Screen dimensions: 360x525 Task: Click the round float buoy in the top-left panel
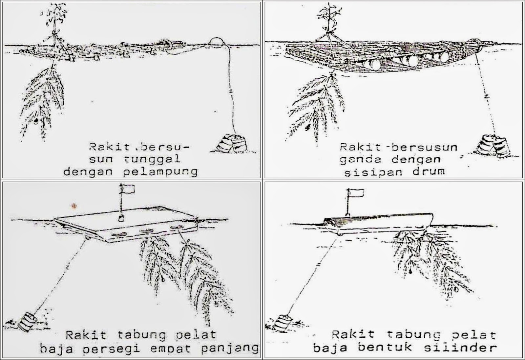(x=217, y=42)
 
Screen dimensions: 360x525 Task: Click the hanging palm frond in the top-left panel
(x=44, y=98)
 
